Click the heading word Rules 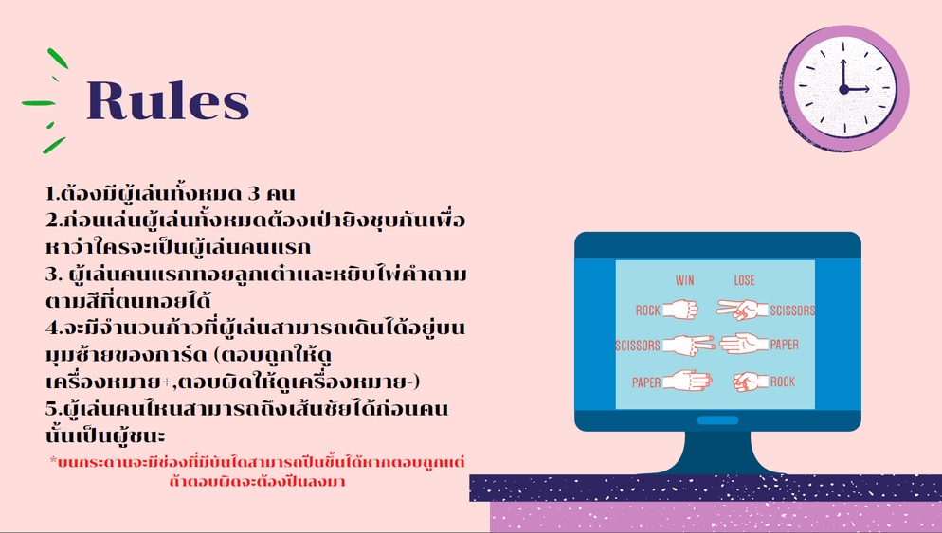coord(168,99)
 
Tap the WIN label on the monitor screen coord(684,280)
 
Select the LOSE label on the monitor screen coord(744,280)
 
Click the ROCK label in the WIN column coord(648,311)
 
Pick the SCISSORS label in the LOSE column coord(792,311)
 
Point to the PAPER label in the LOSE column coord(785,345)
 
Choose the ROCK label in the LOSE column coord(783,382)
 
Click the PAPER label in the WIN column coord(646,382)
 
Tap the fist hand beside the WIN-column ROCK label coord(680,310)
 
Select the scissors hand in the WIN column coord(689,346)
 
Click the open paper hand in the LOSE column coord(744,344)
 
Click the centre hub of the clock coord(844,89)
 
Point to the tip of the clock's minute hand coord(842,60)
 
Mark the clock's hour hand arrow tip coord(869,89)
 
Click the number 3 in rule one coord(255,194)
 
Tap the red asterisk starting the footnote coord(53,460)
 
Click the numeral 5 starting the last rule coord(51,409)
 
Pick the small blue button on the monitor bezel coord(718,420)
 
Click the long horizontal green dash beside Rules coord(39,103)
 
